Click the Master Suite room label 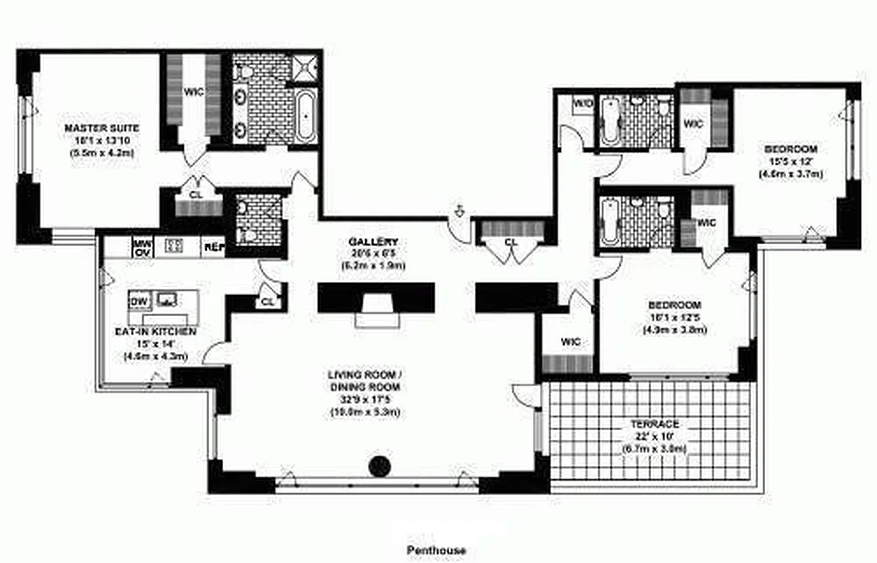(x=101, y=128)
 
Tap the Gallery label (x=373, y=241)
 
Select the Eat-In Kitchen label (x=156, y=331)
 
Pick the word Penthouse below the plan (x=436, y=550)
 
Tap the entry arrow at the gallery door (x=460, y=210)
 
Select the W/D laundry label (x=583, y=103)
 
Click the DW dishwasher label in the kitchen (x=137, y=301)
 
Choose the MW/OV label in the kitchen (x=142, y=247)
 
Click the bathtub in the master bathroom (x=306, y=116)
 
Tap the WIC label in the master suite (x=193, y=91)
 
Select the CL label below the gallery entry (x=511, y=243)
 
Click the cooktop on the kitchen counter (x=174, y=246)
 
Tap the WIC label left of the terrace (x=570, y=342)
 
